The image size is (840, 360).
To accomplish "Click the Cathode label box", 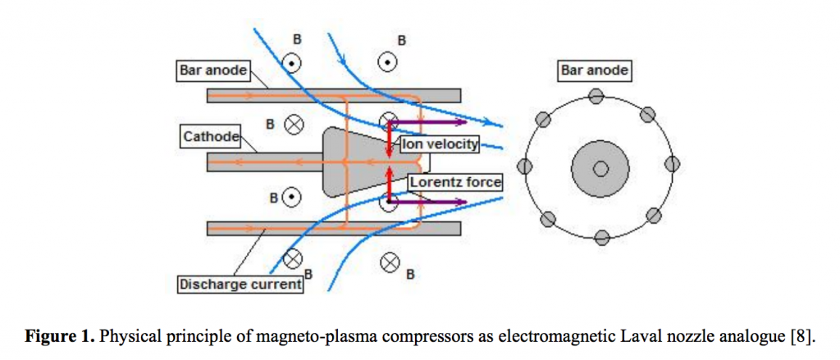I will click(x=211, y=137).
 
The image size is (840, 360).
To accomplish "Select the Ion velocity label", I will click(x=439, y=144).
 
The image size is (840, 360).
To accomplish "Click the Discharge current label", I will click(x=240, y=285).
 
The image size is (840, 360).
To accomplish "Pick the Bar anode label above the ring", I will click(x=595, y=71).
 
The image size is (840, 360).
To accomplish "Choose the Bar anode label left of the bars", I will click(x=213, y=71).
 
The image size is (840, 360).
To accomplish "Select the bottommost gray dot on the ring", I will click(x=602, y=238).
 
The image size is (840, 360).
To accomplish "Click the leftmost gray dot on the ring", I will click(x=526, y=167).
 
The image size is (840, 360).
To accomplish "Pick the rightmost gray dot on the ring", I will click(x=672, y=162).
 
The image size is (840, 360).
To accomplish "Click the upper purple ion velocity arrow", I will click(x=427, y=123).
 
